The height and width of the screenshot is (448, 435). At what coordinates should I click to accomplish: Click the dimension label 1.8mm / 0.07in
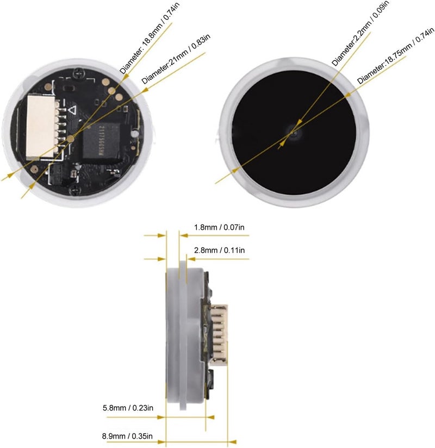(x=219, y=227)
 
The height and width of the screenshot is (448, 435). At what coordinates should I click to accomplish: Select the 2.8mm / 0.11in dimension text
(x=219, y=250)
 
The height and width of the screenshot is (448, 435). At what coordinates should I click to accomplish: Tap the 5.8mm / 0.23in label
(x=128, y=408)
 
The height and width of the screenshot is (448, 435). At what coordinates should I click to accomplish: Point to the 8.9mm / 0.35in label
(x=127, y=436)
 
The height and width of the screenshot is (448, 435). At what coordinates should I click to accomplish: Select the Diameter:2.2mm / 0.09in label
(x=360, y=33)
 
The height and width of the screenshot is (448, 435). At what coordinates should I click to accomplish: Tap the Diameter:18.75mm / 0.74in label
(x=395, y=55)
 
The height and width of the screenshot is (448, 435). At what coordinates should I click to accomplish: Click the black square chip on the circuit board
(x=101, y=142)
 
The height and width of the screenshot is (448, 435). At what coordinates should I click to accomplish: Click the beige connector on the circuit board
(x=41, y=126)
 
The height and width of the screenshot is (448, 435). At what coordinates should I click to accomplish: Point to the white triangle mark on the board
(x=72, y=110)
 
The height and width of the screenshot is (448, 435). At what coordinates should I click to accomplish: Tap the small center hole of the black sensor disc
(x=294, y=133)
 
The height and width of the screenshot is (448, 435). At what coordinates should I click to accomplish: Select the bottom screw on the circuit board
(x=76, y=189)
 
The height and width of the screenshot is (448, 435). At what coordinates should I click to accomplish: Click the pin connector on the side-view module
(x=219, y=334)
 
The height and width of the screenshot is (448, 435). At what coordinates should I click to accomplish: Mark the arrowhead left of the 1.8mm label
(x=162, y=236)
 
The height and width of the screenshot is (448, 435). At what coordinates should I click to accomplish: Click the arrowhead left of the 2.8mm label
(x=162, y=259)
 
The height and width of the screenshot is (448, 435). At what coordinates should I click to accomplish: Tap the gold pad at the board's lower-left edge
(x=34, y=169)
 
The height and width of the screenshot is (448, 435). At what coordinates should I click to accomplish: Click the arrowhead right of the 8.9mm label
(x=232, y=442)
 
